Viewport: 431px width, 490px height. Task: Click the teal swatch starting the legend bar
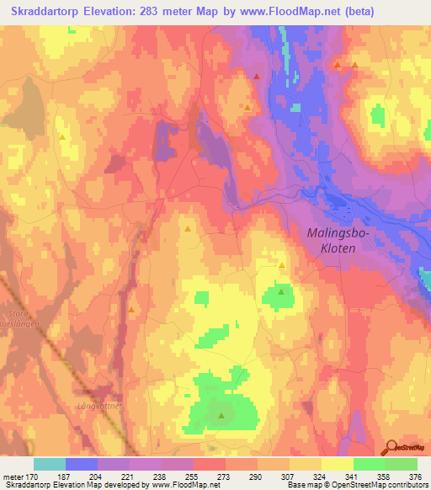[50, 464]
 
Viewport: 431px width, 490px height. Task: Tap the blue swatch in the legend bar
[82, 464]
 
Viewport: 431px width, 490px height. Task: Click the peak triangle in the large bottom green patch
[221, 415]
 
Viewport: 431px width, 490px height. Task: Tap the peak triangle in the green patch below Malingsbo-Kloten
[280, 292]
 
